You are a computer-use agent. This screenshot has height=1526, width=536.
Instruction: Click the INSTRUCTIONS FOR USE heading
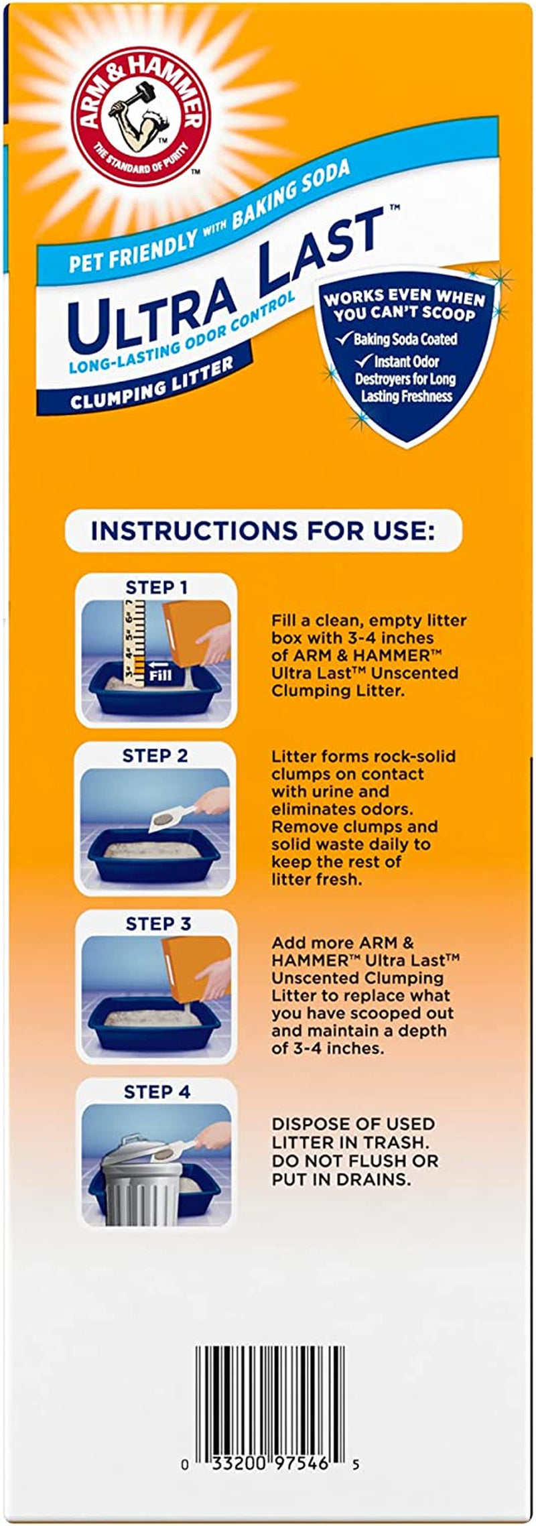click(263, 531)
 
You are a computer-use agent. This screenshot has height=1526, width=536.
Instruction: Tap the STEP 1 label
click(156, 588)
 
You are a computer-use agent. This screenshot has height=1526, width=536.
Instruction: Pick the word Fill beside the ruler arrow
click(161, 677)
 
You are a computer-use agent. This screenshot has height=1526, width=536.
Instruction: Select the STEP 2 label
click(155, 756)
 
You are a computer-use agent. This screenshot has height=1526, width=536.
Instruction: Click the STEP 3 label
click(158, 924)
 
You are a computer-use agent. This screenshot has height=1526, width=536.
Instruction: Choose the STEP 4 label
click(157, 1092)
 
